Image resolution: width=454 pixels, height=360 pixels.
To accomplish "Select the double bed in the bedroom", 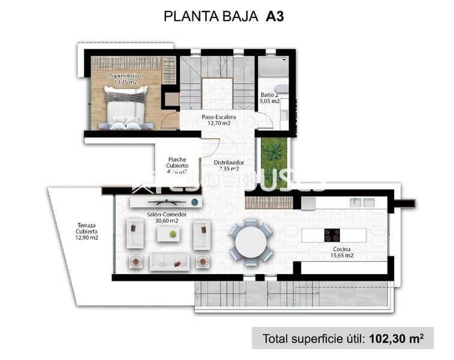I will [125, 107].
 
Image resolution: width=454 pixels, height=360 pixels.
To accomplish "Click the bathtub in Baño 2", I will [273, 68].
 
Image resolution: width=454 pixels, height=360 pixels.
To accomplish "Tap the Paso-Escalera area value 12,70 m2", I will [218, 123].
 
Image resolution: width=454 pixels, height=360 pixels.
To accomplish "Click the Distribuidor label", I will [228, 162].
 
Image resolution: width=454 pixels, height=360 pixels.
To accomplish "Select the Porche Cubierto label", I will [178, 162].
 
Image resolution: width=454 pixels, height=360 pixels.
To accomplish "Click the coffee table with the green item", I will [170, 233].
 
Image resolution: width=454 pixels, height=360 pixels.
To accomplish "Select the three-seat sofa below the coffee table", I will [169, 261].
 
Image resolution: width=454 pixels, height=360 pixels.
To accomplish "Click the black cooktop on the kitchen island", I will [331, 235].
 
